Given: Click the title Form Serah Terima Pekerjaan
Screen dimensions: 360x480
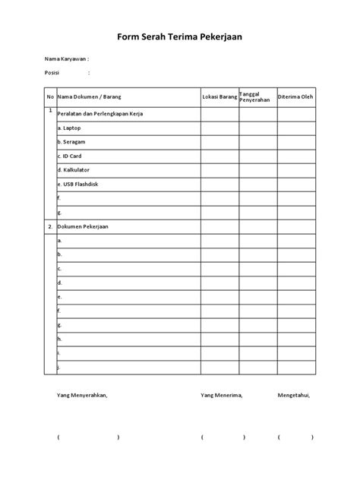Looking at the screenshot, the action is coord(179,35).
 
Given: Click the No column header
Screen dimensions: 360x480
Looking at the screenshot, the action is coord(50,97).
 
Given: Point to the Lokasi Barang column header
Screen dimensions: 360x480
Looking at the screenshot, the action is coord(219,97).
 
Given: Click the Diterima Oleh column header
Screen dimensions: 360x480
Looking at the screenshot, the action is coord(295,97).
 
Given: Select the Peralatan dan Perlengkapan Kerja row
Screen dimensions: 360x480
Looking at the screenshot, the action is coord(99,114).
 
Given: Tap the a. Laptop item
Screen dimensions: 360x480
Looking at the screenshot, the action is coord(69,128).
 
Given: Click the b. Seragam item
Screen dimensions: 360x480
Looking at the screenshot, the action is coord(71,142).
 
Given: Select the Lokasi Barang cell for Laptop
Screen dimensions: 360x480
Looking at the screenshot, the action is coord(219,128).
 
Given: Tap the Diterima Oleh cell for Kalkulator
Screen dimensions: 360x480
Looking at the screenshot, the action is coord(295,169).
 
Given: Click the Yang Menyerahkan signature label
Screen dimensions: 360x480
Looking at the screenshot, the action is coord(83,396).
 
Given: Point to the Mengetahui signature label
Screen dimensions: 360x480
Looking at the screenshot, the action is coord(294,396).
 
